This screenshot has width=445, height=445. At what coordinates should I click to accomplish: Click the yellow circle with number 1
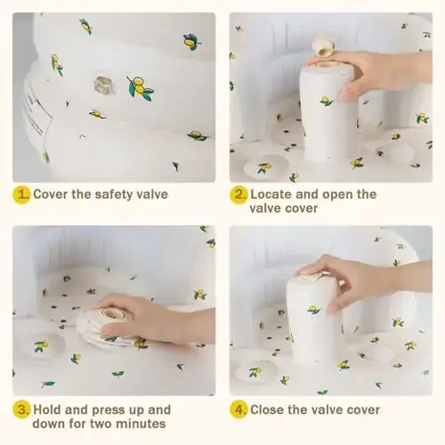(21, 195)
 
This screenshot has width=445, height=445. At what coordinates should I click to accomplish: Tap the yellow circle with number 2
(239, 195)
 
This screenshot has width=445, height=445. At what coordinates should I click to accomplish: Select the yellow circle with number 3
(21, 410)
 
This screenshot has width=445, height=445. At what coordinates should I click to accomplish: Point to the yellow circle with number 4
(239, 410)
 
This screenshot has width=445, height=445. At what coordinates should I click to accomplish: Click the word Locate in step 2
(271, 195)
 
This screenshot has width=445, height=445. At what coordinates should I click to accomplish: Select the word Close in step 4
(267, 410)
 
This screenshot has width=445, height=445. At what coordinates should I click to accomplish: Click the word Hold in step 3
(47, 410)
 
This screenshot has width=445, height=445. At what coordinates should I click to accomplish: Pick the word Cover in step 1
(51, 195)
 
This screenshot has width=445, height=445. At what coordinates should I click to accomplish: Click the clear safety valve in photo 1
(104, 85)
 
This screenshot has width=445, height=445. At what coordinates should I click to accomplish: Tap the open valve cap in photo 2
(323, 46)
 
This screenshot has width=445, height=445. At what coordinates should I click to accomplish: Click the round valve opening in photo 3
(112, 313)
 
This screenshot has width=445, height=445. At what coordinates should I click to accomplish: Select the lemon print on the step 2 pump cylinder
(327, 101)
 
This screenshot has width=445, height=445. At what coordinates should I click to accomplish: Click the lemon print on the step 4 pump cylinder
(314, 310)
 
